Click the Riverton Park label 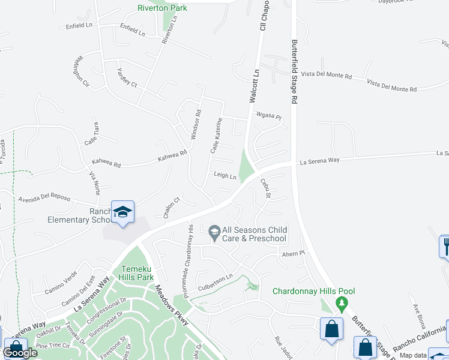tap(162, 8)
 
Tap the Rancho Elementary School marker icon tap(122, 212)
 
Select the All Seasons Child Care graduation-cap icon tap(214, 231)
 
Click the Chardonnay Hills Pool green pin tap(342, 302)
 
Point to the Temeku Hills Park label tap(137, 273)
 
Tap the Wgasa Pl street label tap(268, 116)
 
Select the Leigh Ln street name tap(226, 175)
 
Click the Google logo tap(20, 353)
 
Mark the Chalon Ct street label tap(172, 208)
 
